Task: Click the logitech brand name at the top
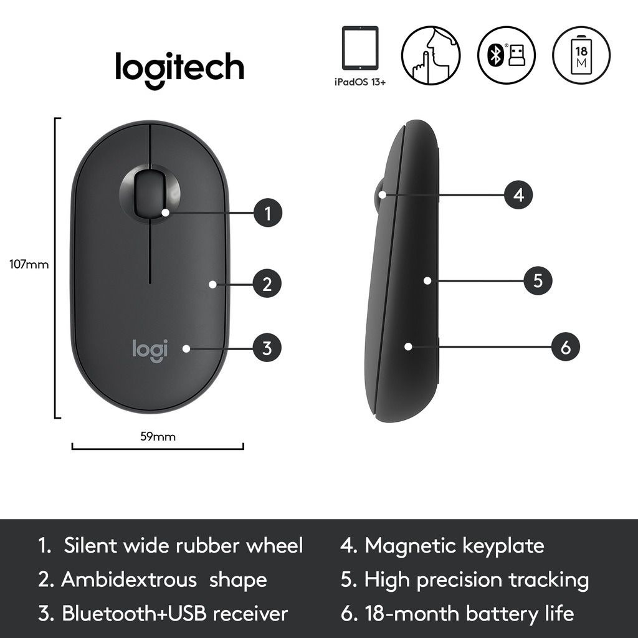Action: [x=179, y=67]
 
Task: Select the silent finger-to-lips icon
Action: [x=431, y=55]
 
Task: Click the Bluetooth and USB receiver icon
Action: [x=507, y=55]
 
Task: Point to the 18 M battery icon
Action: [x=581, y=54]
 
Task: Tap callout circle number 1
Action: [x=268, y=214]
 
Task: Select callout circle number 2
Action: [x=267, y=285]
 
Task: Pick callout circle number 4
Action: [x=519, y=195]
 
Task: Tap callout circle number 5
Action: [x=538, y=281]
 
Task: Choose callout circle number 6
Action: [x=566, y=347]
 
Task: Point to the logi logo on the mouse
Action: [x=150, y=349]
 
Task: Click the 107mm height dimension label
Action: [x=29, y=264]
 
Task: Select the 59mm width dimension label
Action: [x=158, y=437]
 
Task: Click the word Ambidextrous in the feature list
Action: [x=128, y=580]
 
